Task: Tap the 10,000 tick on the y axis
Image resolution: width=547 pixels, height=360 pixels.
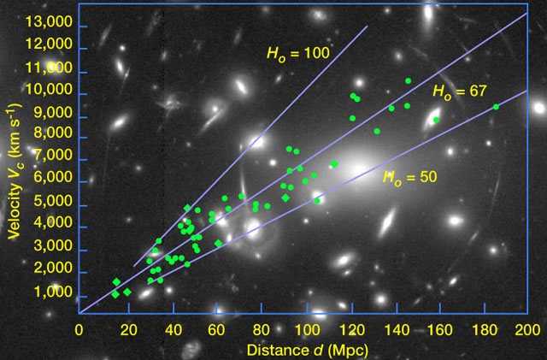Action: [x=52, y=92]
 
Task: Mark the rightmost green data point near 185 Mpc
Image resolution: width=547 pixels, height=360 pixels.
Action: [x=496, y=107]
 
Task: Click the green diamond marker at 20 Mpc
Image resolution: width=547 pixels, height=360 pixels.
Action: [x=126, y=292]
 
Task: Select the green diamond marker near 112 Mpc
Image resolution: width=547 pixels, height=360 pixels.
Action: [x=334, y=164]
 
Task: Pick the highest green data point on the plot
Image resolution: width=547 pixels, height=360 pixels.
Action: [x=409, y=81]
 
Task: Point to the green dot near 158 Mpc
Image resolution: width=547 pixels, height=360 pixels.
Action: [x=436, y=120]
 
